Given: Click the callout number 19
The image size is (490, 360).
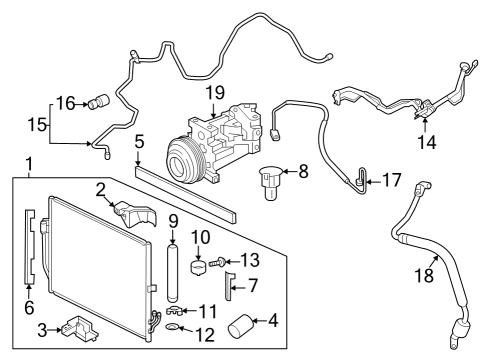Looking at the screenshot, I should point(215,93).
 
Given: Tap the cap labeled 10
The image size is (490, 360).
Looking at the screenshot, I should point(198,267).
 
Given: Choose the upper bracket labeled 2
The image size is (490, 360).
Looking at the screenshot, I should point(129,211).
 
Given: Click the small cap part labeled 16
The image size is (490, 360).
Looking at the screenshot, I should point(98,100).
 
